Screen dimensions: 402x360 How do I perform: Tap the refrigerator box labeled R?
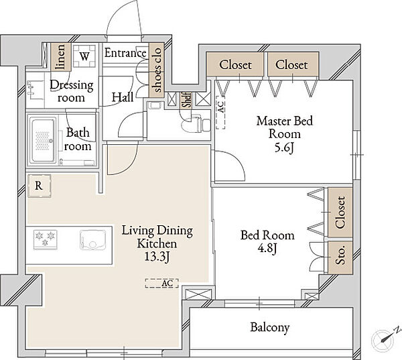(40, 186)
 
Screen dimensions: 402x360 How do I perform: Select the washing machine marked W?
(84, 56)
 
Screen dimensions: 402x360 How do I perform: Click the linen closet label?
(61, 57)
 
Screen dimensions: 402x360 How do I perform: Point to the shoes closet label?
(156, 70)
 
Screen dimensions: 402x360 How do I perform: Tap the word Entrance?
(125, 53)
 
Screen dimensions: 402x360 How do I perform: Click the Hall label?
(123, 97)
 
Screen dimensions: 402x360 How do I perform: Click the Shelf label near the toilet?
(186, 100)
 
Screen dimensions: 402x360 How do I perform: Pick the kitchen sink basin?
(93, 239)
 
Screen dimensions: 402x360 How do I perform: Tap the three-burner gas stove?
(45, 239)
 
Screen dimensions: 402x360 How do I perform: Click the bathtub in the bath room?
(43, 140)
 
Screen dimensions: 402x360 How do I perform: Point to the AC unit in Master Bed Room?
(220, 113)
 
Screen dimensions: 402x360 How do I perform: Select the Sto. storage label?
(341, 256)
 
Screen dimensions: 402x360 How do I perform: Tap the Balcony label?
(270, 327)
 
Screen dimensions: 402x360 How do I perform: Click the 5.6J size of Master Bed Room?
(284, 147)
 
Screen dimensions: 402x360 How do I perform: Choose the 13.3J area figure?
(157, 257)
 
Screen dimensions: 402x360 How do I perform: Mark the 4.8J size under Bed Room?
(267, 249)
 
